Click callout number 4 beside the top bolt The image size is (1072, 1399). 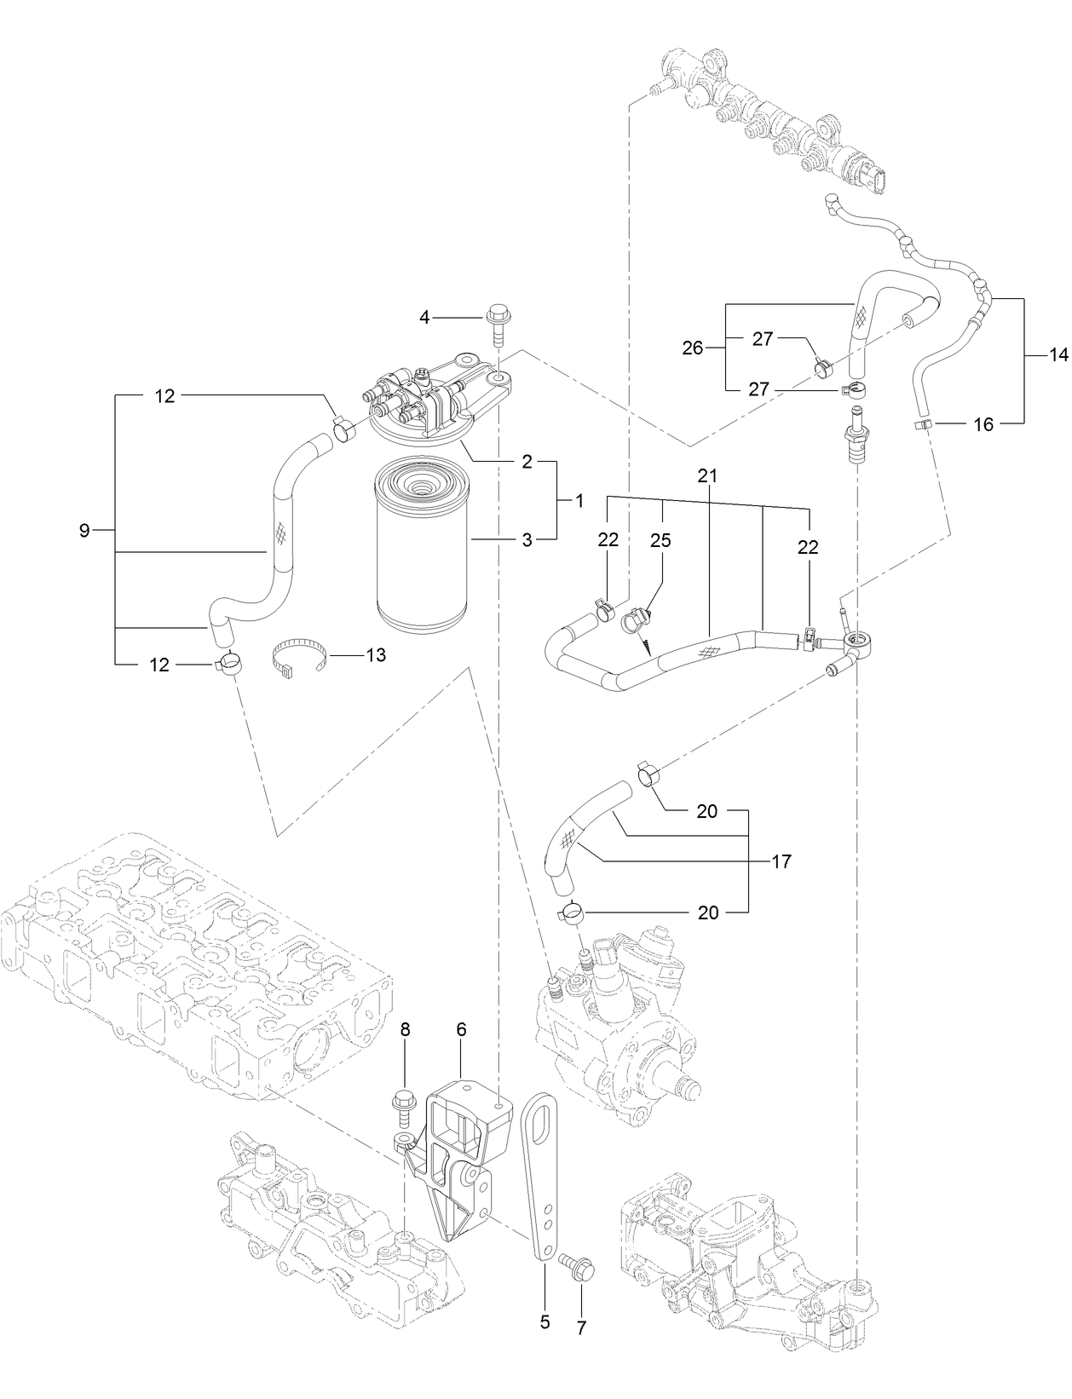pos(424,318)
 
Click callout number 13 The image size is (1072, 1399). pos(375,654)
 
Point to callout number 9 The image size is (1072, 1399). pos(84,531)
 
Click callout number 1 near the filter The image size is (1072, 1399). pos(579,501)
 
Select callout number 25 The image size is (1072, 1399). pos(660,540)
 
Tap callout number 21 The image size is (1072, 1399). pos(707,476)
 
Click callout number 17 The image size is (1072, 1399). pos(781,861)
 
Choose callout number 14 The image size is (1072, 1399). pos(1058,356)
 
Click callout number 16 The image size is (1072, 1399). pos(983,423)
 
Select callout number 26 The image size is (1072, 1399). pos(692,347)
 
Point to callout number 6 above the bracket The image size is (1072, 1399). pos(461,1029)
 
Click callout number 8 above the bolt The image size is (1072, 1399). pos(406,1029)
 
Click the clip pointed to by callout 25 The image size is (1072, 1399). pos(637,622)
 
